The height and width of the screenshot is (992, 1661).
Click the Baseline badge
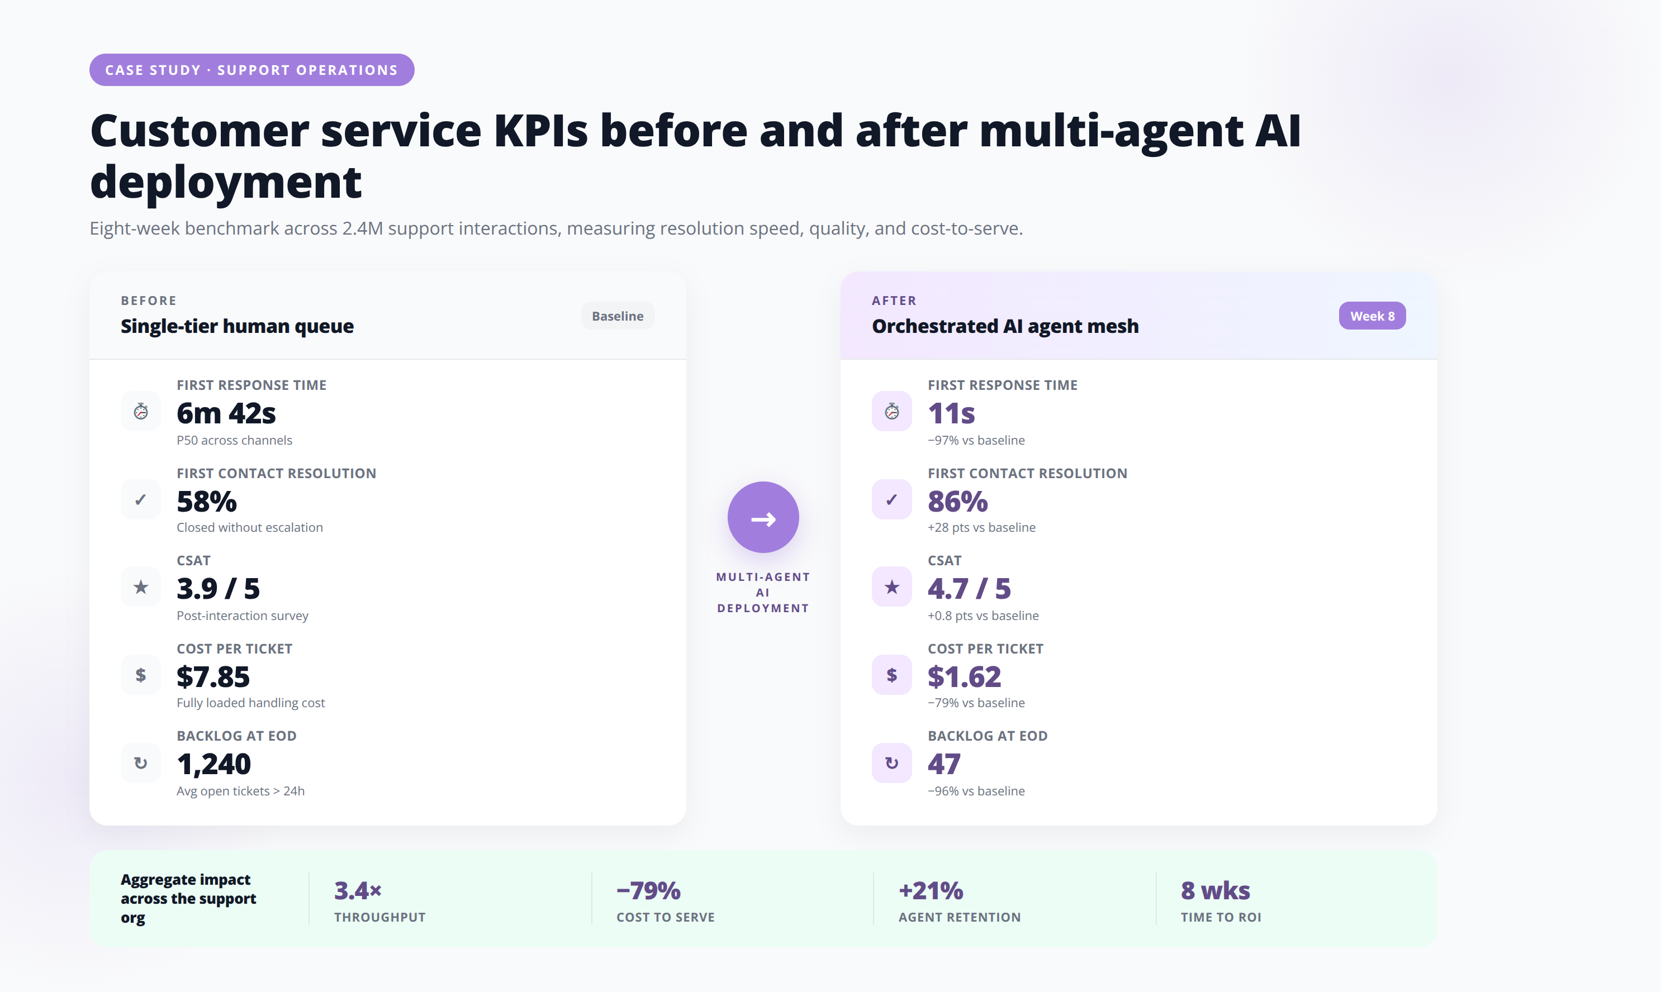pos(617,316)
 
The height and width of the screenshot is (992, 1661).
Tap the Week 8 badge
pos(1371,316)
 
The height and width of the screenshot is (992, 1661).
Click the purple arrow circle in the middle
pos(763,517)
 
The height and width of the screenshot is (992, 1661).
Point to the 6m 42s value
pos(226,414)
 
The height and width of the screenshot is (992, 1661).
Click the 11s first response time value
pos(951,414)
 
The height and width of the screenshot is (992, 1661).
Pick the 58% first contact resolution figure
pos(207,502)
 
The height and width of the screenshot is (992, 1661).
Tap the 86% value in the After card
pos(957,502)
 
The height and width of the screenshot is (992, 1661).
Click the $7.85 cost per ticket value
pos(212,677)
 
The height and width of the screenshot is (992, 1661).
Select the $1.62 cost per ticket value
pos(964,677)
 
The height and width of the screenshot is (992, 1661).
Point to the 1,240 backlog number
pos(213,765)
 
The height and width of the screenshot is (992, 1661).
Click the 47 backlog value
pos(943,764)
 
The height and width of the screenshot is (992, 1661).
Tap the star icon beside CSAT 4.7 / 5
pos(891,587)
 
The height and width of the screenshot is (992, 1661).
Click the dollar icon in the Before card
pos(140,675)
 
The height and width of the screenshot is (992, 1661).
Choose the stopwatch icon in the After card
pos(891,411)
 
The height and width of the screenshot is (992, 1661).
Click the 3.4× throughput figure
pos(358,890)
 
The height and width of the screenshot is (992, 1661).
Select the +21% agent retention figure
pos(931,890)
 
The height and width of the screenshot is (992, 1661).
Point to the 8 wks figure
pos(1215,890)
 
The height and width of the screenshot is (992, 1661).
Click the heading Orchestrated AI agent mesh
pos(1005,326)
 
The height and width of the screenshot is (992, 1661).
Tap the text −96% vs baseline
pos(976,791)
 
